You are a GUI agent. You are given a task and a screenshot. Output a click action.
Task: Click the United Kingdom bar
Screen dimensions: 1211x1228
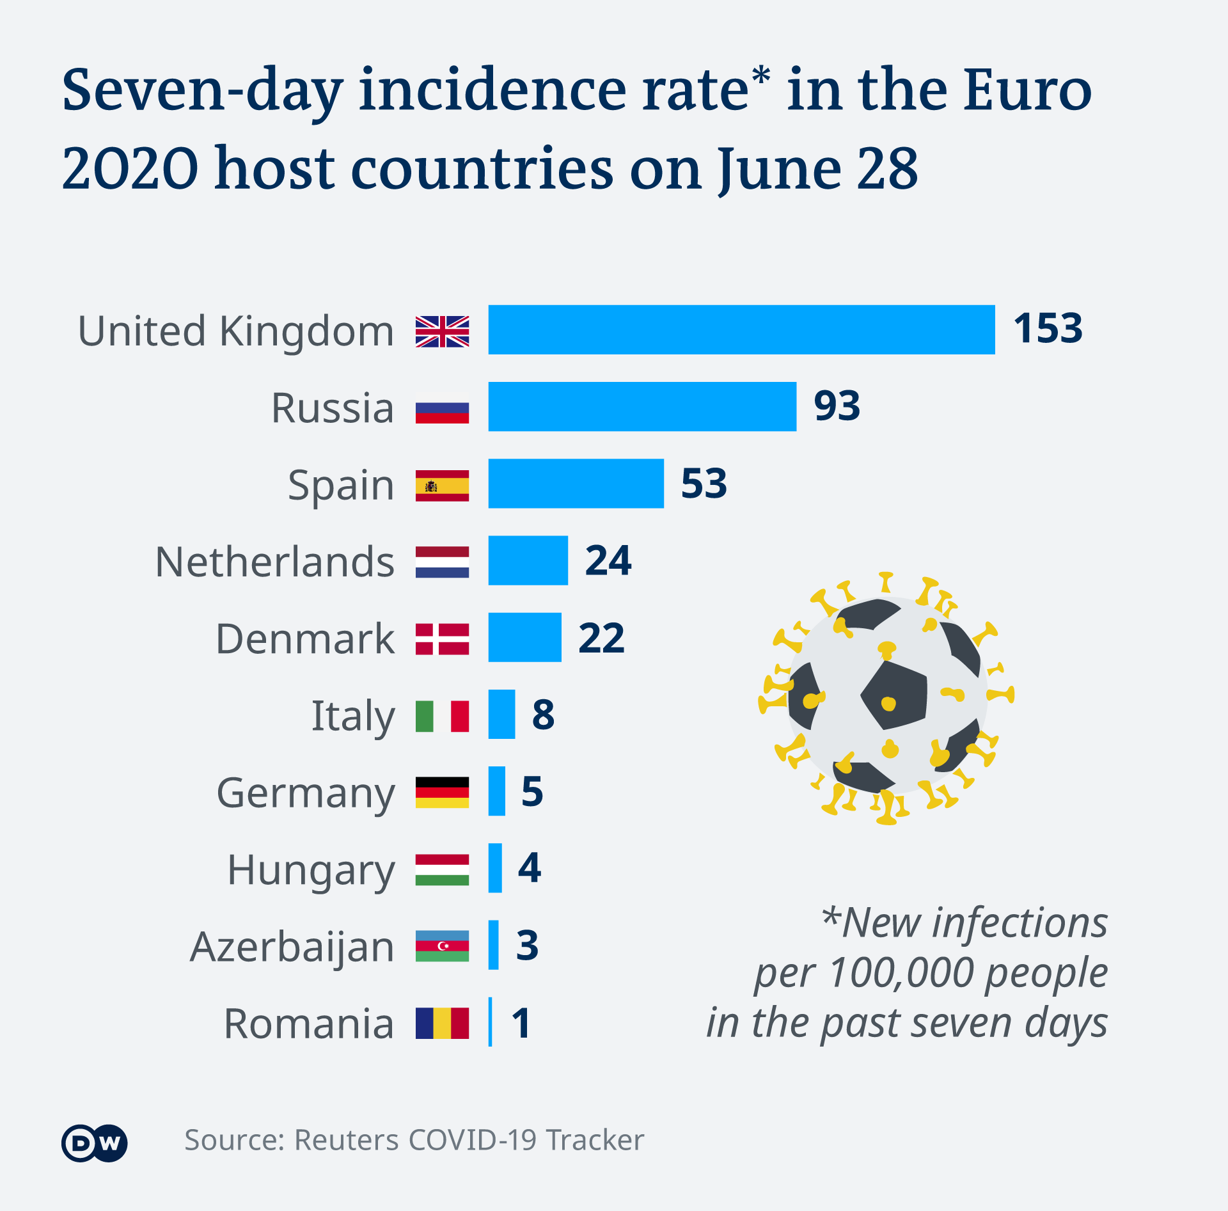coord(741,329)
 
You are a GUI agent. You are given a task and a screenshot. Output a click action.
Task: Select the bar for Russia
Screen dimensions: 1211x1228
coord(642,407)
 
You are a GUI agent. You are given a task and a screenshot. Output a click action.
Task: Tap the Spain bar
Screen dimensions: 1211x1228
coord(576,484)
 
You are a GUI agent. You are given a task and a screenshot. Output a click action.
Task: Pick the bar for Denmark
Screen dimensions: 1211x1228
coord(524,637)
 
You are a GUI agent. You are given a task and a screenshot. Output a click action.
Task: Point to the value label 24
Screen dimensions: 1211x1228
coord(608,560)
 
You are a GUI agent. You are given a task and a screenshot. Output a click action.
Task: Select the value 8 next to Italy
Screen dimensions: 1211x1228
coord(543,715)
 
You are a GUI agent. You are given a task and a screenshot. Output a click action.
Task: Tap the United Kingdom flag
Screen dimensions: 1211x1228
coord(442,331)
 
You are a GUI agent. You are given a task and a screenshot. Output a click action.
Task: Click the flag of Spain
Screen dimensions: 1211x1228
coord(442,486)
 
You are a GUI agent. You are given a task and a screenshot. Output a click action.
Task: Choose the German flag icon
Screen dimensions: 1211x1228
coord(442,793)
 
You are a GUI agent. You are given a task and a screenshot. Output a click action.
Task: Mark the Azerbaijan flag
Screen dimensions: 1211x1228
coord(442,946)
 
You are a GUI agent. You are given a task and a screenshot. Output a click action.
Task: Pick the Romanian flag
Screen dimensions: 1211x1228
coord(442,1023)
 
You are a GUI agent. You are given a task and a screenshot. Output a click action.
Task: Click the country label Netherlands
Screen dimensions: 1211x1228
coord(274,562)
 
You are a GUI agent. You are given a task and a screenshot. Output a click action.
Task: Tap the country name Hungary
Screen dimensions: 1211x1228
coord(311,871)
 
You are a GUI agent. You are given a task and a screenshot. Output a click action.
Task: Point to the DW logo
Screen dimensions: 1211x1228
coord(95,1143)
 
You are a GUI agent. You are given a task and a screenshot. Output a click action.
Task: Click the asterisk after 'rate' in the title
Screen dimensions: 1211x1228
coord(761,75)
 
